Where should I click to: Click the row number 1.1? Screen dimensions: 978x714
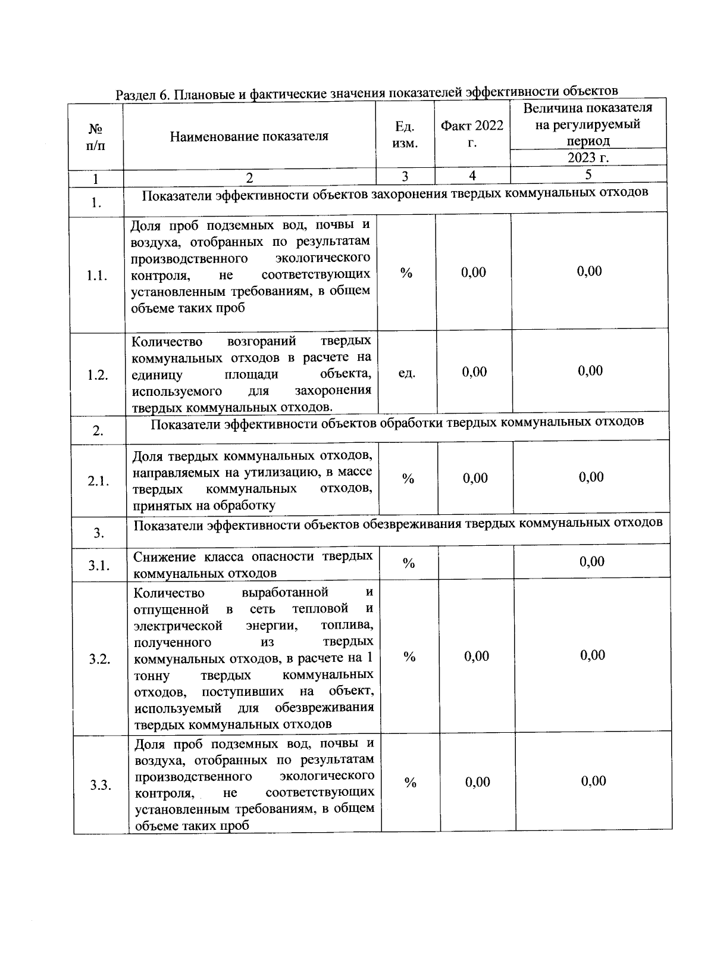coord(96,276)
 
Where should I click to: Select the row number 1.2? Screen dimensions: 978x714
coord(98,375)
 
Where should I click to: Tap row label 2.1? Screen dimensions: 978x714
coord(98,482)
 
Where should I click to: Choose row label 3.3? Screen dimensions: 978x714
coord(101,785)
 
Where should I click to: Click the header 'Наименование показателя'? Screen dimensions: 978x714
coord(249,136)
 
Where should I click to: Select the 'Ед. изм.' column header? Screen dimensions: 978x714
coord(405,135)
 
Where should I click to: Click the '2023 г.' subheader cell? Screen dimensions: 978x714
coord(588,158)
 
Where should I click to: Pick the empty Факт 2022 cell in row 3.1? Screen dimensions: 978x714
coord(476,563)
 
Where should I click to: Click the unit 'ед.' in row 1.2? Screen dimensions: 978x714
coord(406,373)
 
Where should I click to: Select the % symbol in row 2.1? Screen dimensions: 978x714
coord(408,479)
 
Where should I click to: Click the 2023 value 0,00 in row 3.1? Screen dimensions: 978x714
coord(592,561)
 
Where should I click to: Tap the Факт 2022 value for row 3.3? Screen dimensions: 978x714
coord(478,782)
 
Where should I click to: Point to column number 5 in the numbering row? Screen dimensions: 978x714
coord(588,174)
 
